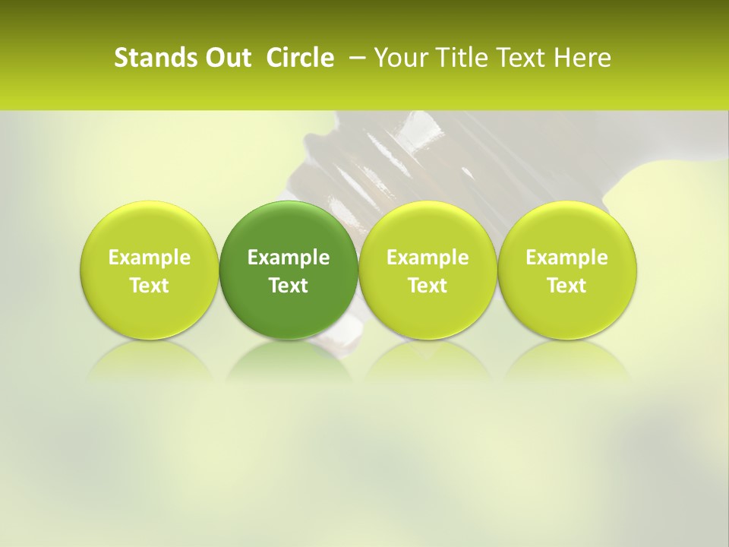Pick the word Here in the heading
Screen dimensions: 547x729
click(x=582, y=58)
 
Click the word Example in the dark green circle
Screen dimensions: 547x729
click(x=289, y=258)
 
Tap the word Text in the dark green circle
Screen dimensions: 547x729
click(x=289, y=286)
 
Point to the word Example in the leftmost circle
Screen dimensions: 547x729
click(x=150, y=258)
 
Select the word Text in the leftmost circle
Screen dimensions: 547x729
click(x=150, y=286)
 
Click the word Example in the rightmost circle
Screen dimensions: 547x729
click(x=566, y=258)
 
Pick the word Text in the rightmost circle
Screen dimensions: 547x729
click(x=566, y=286)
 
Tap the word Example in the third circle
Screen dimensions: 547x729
click(x=428, y=258)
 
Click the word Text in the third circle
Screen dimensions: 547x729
click(x=428, y=286)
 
